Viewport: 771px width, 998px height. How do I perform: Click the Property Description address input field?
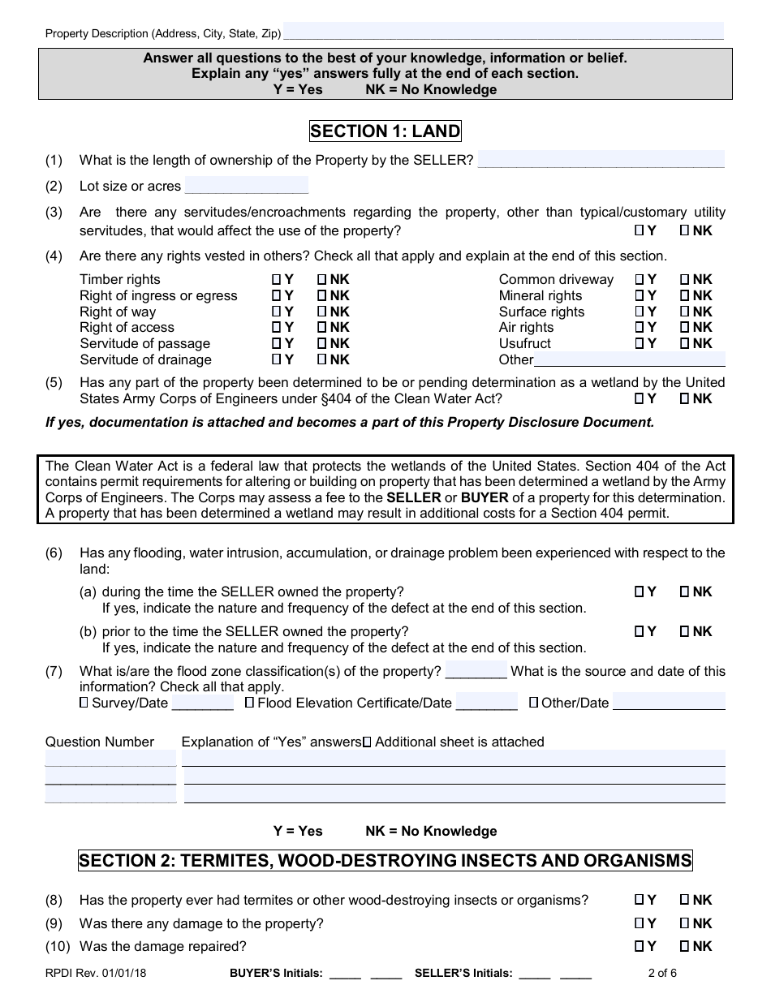(x=503, y=32)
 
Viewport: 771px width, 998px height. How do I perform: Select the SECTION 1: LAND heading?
(x=385, y=131)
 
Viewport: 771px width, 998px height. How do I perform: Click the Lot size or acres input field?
(x=247, y=186)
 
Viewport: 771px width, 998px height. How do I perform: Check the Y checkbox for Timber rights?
(x=277, y=280)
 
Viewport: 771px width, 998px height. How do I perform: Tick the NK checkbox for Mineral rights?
(x=684, y=296)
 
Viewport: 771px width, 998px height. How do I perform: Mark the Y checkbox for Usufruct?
(x=640, y=344)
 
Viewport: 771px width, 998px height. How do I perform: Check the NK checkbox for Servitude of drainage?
(x=321, y=359)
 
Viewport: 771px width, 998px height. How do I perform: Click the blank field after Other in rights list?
(x=629, y=359)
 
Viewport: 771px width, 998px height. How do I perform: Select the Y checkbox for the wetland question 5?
(x=640, y=398)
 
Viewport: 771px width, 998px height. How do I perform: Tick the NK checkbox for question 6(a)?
(x=684, y=592)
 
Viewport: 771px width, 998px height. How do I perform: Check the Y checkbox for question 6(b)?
(x=640, y=631)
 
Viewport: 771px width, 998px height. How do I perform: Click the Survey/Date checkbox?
(x=84, y=703)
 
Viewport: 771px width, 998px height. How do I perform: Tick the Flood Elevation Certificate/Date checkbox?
(x=249, y=703)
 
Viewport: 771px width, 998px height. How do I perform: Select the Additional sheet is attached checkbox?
(x=367, y=742)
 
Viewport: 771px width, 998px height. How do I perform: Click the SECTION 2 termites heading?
(x=385, y=861)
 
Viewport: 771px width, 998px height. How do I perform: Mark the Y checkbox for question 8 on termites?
(x=640, y=900)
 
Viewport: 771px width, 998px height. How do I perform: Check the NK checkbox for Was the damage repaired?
(x=684, y=946)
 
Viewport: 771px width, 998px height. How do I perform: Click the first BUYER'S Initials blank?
(x=344, y=974)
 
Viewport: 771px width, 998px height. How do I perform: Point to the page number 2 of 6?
(x=662, y=973)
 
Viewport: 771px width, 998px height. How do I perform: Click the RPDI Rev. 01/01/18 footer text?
(x=84, y=973)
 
